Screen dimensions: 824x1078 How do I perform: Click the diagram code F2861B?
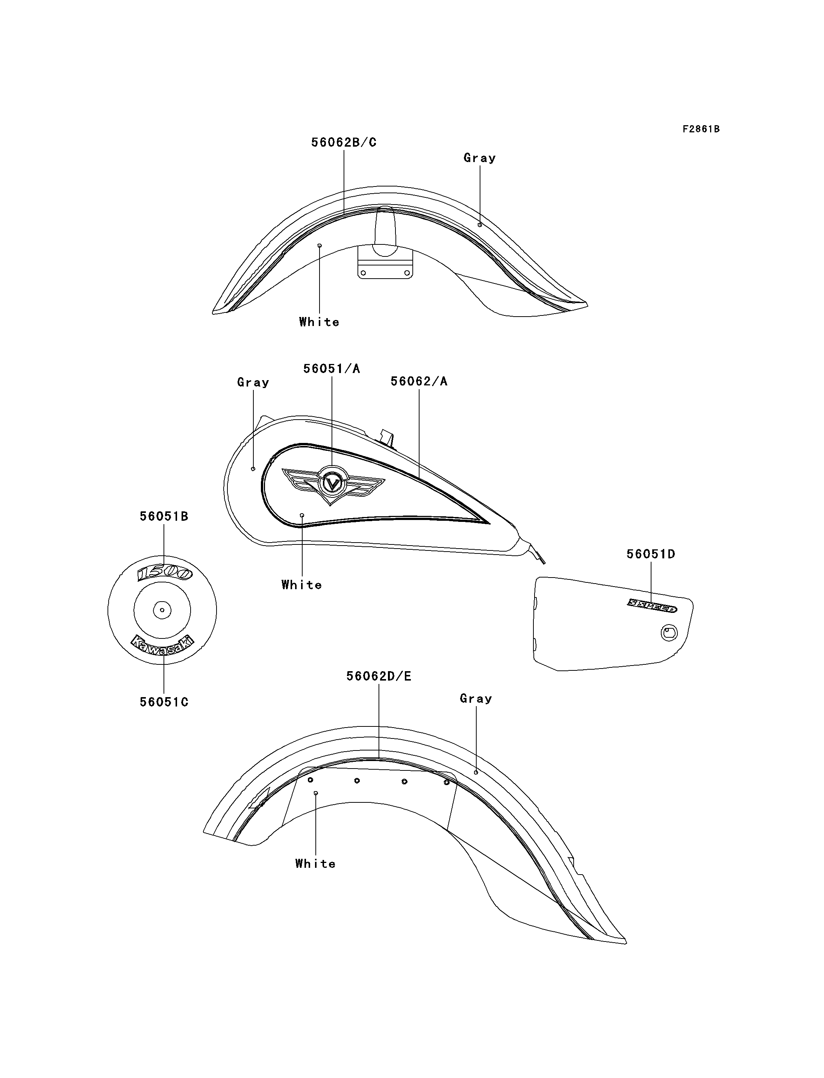click(x=701, y=129)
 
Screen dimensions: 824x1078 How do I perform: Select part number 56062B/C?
click(x=344, y=142)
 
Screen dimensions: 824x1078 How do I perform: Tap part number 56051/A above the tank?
click(x=332, y=368)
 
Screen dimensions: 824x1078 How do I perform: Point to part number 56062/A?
click(x=419, y=381)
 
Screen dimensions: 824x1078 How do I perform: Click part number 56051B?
click(x=164, y=516)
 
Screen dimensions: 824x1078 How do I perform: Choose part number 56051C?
click(x=164, y=702)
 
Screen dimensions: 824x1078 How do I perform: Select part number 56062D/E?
click(x=379, y=676)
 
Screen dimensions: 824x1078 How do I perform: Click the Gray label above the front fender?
click(x=480, y=158)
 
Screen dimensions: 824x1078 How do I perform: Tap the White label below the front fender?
click(x=319, y=322)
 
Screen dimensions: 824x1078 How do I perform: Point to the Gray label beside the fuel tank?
click(x=253, y=383)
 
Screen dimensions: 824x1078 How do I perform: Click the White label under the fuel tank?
click(x=301, y=585)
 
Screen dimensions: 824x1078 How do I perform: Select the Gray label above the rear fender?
click(x=476, y=699)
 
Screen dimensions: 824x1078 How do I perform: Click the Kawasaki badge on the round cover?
click(x=162, y=646)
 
